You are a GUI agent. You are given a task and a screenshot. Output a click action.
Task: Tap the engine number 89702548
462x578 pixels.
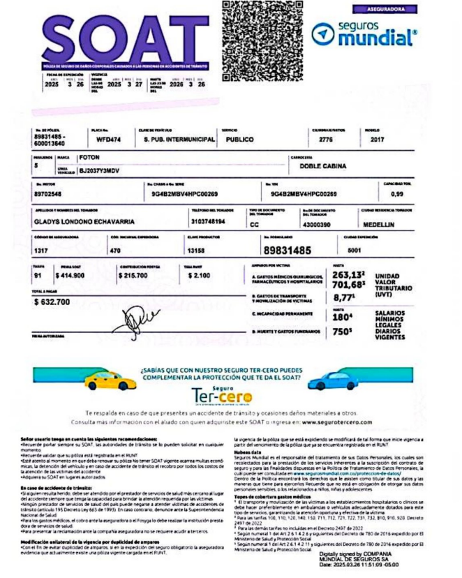(49, 193)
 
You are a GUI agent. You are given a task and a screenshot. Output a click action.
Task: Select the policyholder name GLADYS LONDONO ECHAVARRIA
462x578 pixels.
(83, 222)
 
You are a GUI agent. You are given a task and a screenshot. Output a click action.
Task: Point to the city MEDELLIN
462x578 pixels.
(378, 225)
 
